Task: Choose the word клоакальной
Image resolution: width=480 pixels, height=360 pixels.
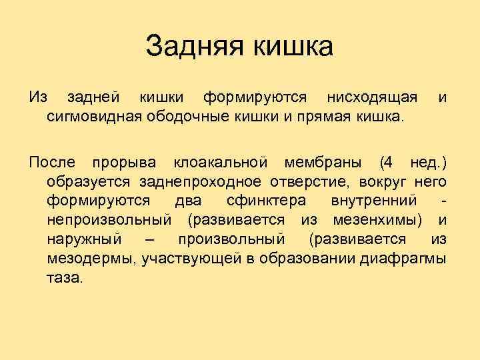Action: (220, 162)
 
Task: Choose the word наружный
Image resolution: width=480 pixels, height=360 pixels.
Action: (84, 239)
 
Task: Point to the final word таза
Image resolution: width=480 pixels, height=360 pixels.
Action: (65, 277)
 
